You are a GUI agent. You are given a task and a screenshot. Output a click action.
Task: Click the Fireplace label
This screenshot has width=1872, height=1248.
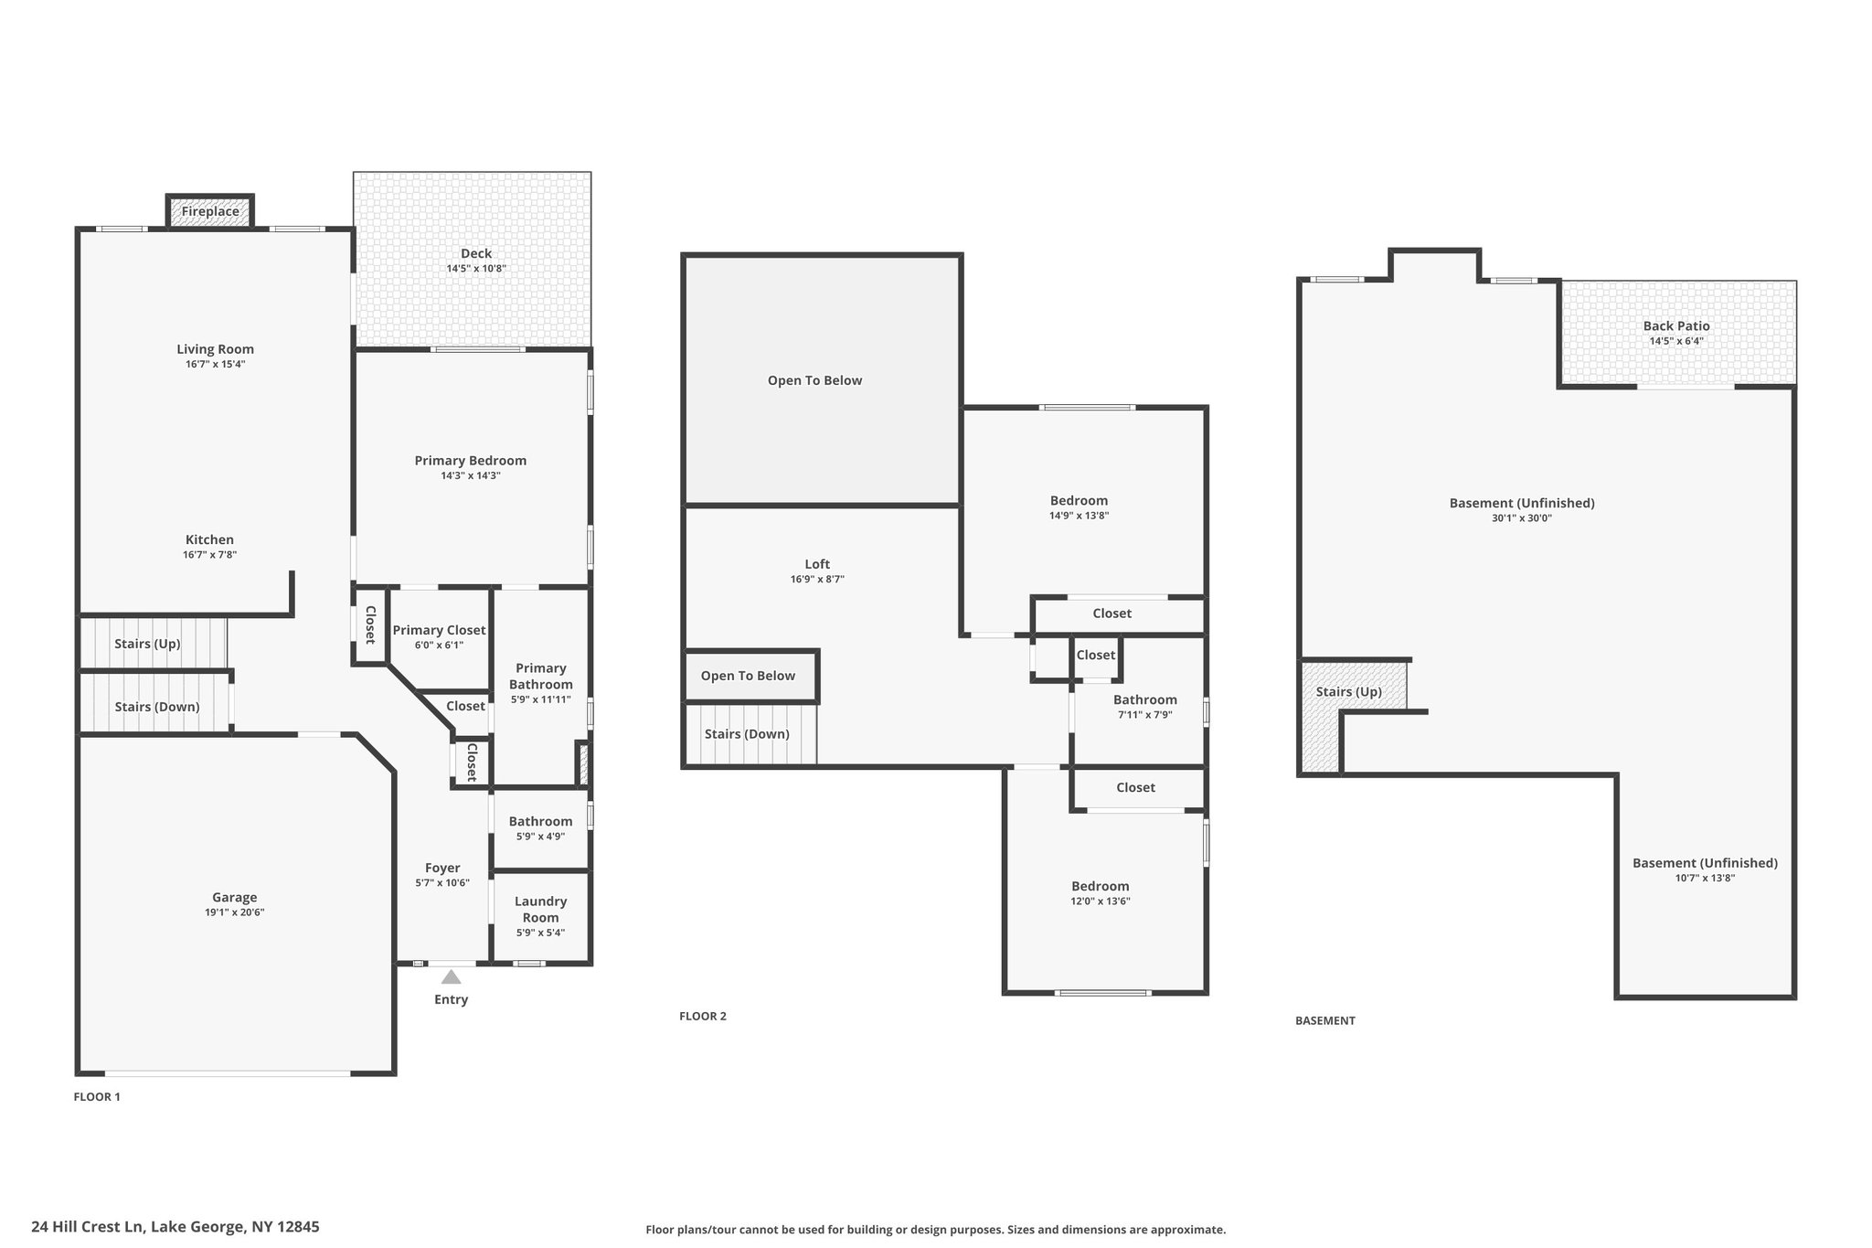tap(210, 211)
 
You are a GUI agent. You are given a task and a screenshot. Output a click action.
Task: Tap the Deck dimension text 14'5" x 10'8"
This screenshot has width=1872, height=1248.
tap(476, 269)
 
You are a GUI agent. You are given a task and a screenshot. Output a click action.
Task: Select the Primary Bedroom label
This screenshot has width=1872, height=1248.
tap(471, 461)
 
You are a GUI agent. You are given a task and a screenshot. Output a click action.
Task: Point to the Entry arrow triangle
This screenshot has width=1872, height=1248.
tap(452, 976)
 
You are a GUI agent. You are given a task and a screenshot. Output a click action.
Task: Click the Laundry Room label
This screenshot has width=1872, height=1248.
tap(541, 910)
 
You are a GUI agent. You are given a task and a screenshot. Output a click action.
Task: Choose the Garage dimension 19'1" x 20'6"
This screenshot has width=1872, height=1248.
tap(235, 912)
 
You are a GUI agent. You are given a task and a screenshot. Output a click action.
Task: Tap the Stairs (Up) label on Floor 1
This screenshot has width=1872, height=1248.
tap(147, 644)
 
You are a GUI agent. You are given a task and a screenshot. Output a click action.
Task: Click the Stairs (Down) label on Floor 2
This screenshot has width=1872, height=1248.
tap(747, 734)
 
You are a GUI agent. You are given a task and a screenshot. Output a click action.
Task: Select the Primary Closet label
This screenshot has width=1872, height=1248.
tap(440, 630)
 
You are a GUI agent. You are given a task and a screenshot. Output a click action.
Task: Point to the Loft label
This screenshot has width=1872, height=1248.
tap(817, 564)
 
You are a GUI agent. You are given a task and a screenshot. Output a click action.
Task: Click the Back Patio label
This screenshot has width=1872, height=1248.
tap(1676, 325)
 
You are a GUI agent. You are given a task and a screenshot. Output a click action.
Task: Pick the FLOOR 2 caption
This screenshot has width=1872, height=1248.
tap(703, 1016)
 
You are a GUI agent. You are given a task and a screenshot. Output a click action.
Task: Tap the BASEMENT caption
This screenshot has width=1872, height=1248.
tap(1325, 1020)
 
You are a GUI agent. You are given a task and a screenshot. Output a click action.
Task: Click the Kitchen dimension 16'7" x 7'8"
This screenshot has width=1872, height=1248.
tap(210, 555)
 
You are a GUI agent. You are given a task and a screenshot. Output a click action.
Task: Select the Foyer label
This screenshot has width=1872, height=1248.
tap(442, 868)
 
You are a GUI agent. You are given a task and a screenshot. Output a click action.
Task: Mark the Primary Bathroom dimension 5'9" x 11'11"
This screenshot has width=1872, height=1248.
tap(541, 699)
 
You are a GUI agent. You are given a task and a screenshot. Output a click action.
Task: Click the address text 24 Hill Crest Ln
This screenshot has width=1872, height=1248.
tap(88, 1227)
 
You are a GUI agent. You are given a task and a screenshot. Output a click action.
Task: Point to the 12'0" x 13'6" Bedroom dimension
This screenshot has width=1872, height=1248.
tap(1101, 901)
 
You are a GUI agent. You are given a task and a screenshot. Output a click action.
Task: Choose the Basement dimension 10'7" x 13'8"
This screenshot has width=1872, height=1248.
tap(1706, 878)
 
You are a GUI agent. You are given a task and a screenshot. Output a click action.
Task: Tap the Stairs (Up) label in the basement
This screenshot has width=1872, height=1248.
tap(1349, 692)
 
